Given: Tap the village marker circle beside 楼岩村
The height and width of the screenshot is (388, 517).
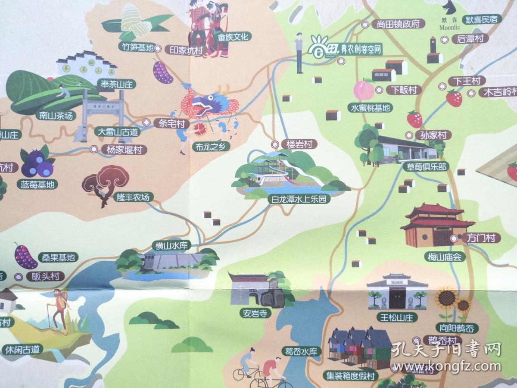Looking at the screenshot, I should pyautogui.click(x=275, y=144).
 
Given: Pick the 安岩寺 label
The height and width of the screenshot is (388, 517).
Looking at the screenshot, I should pyautogui.click(x=256, y=313).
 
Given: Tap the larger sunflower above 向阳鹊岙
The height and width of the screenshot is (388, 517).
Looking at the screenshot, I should pyautogui.click(x=446, y=298).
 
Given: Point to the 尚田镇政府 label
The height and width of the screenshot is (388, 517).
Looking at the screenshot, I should pyautogui.click(x=398, y=24).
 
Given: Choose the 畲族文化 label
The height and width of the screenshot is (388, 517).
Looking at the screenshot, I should pyautogui.click(x=234, y=37).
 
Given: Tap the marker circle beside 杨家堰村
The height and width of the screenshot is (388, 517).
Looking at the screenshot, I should pyautogui.click(x=93, y=149).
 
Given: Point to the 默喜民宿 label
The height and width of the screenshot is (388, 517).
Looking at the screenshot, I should pyautogui.click(x=482, y=19).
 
